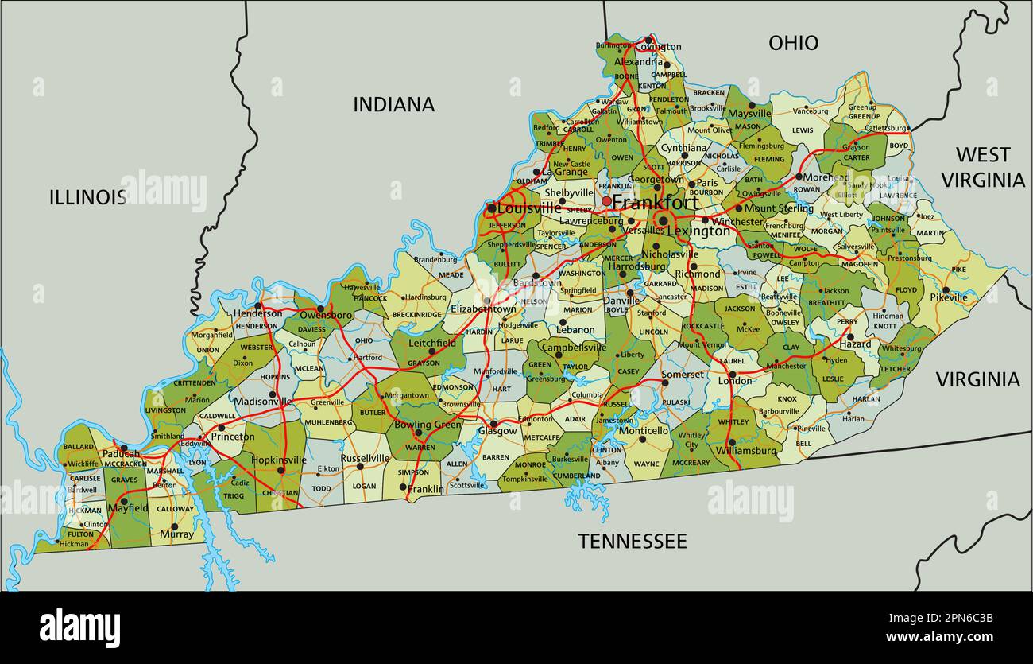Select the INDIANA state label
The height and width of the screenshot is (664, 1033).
pyautogui.click(x=393, y=104)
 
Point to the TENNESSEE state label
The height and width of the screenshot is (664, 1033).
pyautogui.click(x=632, y=542)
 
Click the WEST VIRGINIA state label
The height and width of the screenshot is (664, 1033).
pyautogui.click(x=982, y=167)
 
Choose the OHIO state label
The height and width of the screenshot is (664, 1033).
pyautogui.click(x=792, y=43)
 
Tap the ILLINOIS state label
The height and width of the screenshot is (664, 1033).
pyautogui.click(x=87, y=197)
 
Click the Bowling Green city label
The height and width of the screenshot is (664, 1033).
pyautogui.click(x=428, y=425)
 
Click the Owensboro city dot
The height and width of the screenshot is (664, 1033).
pyautogui.click(x=320, y=308)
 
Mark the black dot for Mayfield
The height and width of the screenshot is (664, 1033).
pyautogui.click(x=123, y=501)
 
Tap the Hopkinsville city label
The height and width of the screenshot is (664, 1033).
pyautogui.click(x=278, y=460)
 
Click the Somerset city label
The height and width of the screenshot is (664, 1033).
pyautogui.click(x=683, y=375)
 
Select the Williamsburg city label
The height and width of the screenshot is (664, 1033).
pyautogui.click(x=745, y=451)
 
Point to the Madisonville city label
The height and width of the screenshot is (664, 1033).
pyautogui.click(x=262, y=402)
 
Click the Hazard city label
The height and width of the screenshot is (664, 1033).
pyautogui.click(x=856, y=344)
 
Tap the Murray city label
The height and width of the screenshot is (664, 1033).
pyautogui.click(x=176, y=534)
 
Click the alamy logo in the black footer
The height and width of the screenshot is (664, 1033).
pyautogui.click(x=79, y=627)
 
